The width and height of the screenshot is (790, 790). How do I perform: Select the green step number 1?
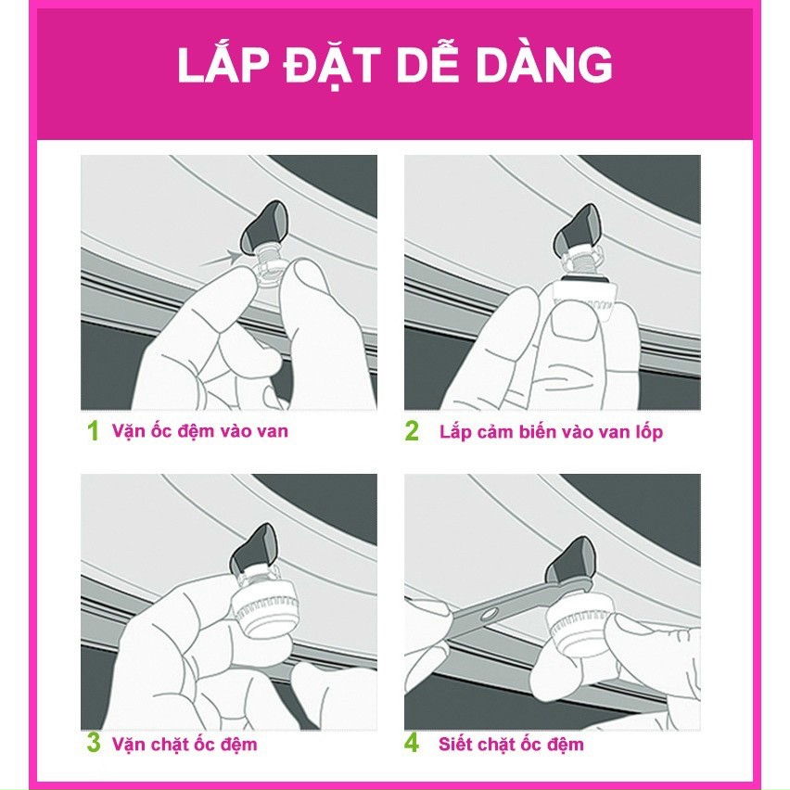point(92,432)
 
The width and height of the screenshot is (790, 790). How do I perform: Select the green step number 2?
point(414,432)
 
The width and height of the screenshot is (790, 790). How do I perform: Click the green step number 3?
point(92,744)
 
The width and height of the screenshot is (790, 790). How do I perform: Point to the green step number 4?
point(414,744)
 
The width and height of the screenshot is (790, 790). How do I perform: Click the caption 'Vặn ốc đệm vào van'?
point(199,431)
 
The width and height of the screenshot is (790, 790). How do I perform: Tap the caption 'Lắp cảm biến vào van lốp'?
point(551,432)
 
